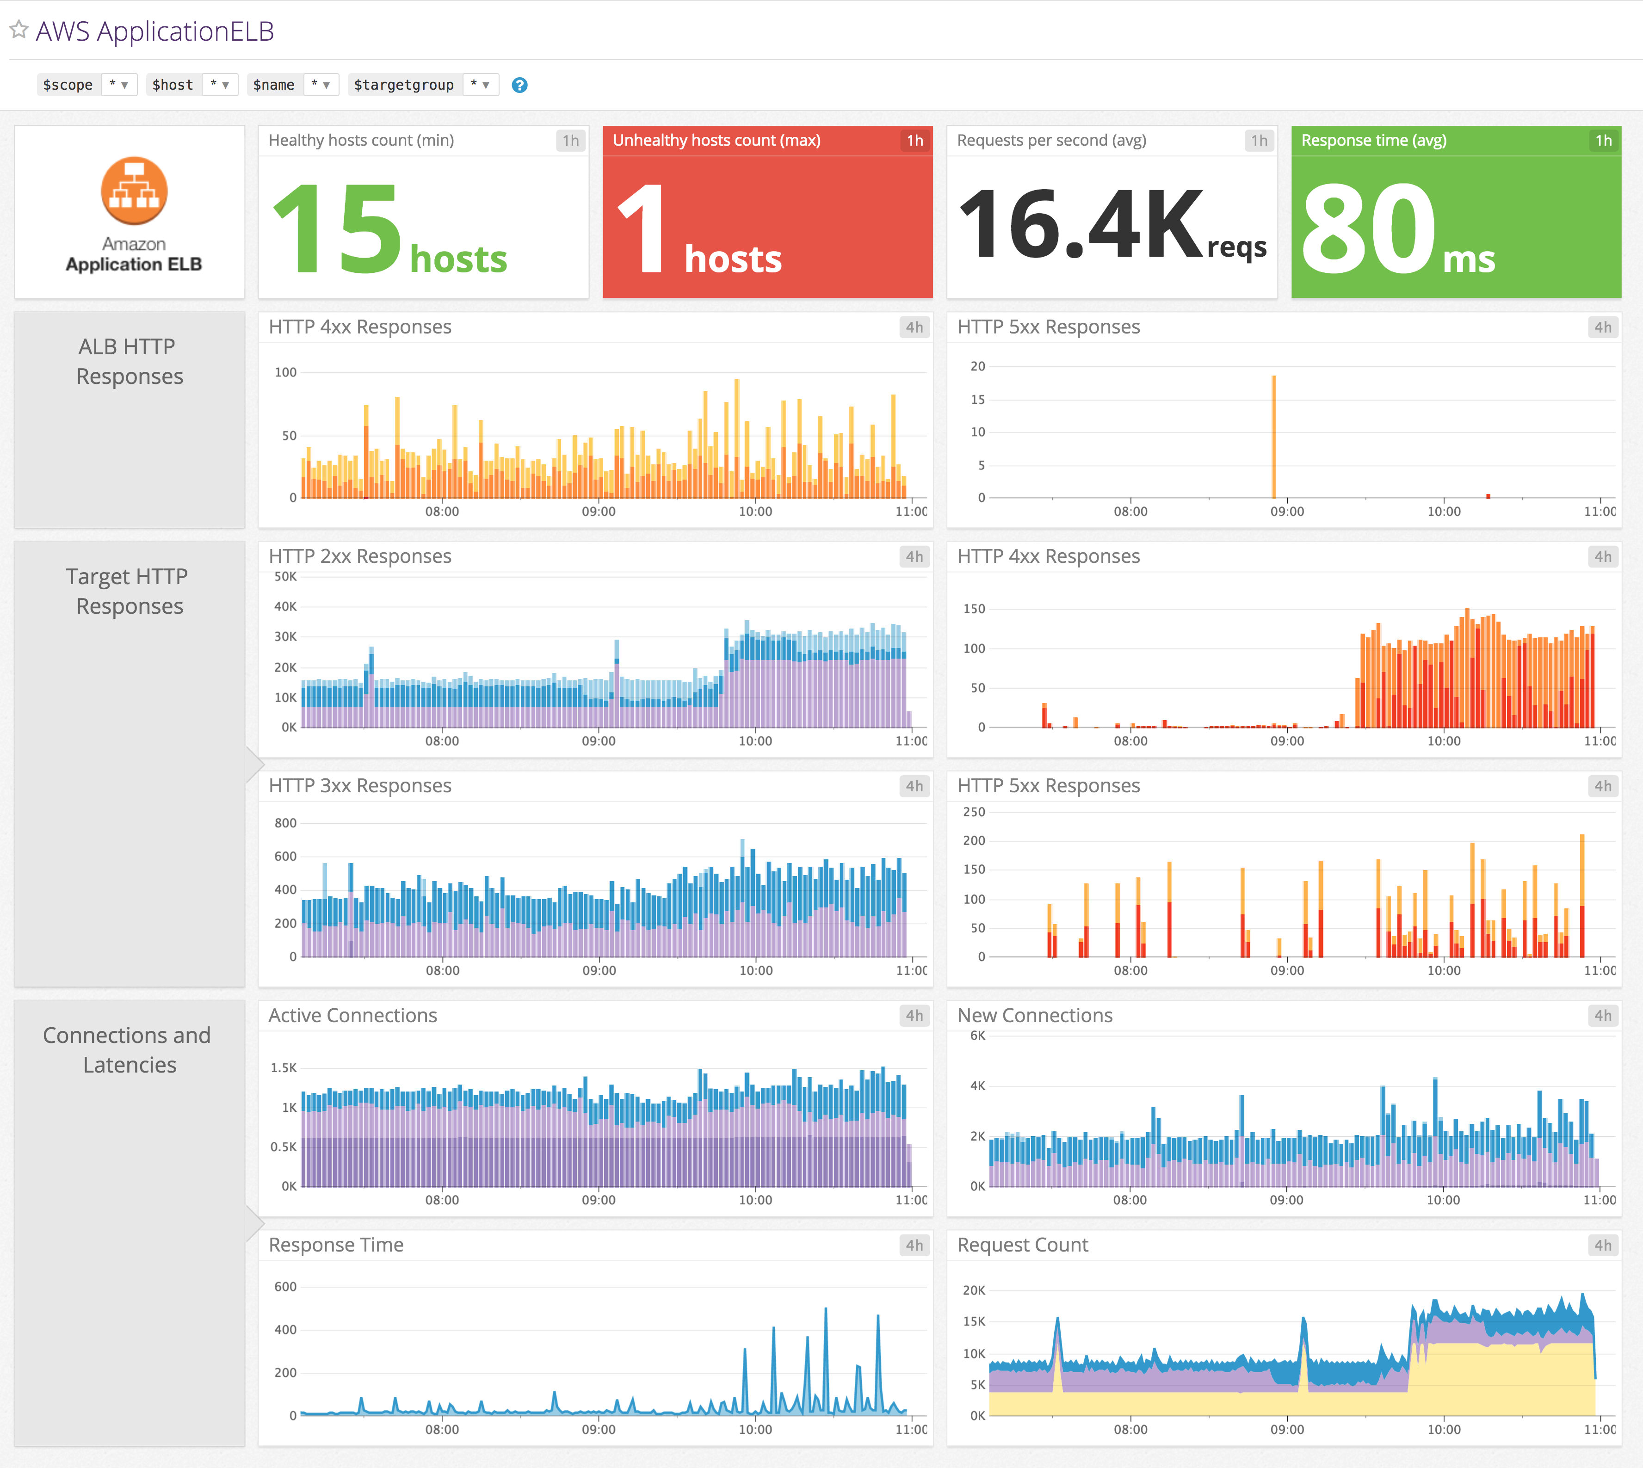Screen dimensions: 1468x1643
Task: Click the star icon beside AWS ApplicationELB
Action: point(19,31)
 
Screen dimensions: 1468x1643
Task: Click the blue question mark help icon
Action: point(519,85)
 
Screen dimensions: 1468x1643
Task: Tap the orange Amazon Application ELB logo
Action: point(134,191)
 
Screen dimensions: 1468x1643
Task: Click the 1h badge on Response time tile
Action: point(1603,140)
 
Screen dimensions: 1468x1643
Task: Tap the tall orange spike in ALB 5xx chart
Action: point(1273,436)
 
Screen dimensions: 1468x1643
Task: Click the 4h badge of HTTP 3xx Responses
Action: point(914,786)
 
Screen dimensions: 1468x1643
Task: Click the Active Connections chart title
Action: point(352,1016)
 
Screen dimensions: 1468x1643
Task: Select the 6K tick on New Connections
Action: point(977,1036)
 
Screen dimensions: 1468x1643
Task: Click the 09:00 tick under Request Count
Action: point(1286,1429)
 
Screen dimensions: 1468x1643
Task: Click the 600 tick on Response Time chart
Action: point(285,1287)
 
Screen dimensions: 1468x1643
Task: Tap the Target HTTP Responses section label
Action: point(128,591)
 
